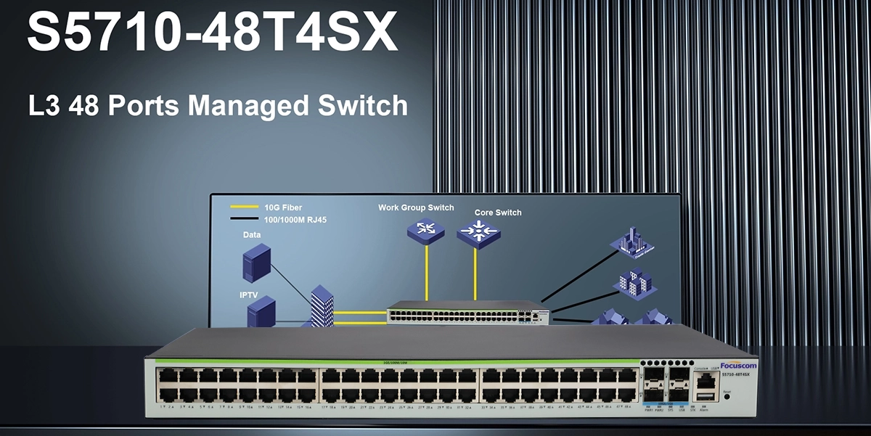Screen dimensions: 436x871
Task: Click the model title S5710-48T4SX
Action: (212, 30)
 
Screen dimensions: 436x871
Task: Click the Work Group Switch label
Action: (416, 207)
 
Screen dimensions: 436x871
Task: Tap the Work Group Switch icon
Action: (426, 230)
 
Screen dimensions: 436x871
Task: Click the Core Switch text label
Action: (498, 213)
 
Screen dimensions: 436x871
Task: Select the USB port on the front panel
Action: (705, 395)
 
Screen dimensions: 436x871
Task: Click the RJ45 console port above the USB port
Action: (704, 378)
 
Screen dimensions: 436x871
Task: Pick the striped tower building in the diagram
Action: (322, 305)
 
